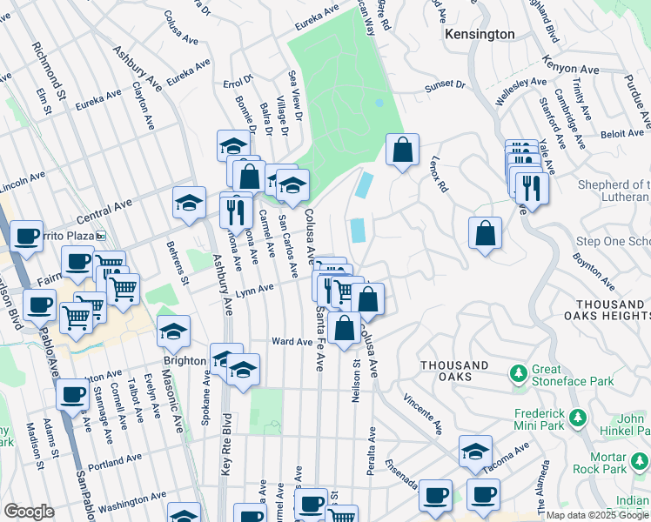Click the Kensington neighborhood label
[x=479, y=34]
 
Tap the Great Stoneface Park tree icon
[x=520, y=373]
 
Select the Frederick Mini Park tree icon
[x=578, y=420]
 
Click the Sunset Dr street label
[x=445, y=87]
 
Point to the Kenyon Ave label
[x=570, y=65]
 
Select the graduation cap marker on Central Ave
[x=189, y=203]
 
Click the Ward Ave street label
[x=292, y=342]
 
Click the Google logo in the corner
[x=29, y=512]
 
